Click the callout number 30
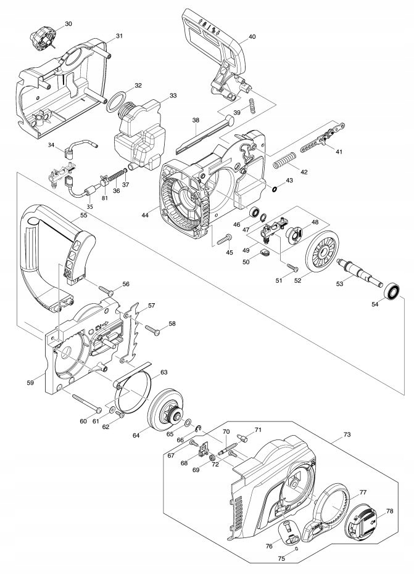click(68, 24)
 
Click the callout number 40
click(252, 37)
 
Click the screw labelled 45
click(224, 239)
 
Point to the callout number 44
click(146, 215)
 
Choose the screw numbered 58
click(152, 329)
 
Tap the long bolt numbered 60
click(86, 402)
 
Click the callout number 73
click(347, 434)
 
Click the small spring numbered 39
click(252, 106)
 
